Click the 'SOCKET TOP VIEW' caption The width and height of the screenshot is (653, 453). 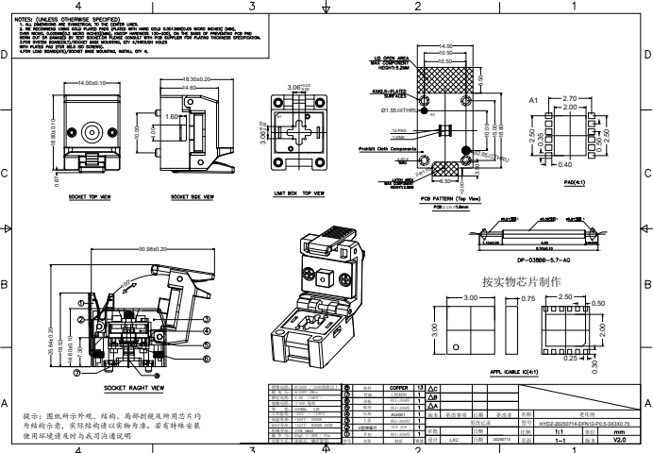pos(91,198)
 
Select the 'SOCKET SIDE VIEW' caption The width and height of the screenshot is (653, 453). pos(193,198)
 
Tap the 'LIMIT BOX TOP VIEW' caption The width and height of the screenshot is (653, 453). pos(299,193)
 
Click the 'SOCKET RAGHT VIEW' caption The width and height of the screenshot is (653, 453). pos(134,387)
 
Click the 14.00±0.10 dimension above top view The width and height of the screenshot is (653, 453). pos(94,83)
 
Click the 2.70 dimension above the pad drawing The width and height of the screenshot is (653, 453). pos(569,98)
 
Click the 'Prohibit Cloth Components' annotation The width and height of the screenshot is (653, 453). pos(388,149)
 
